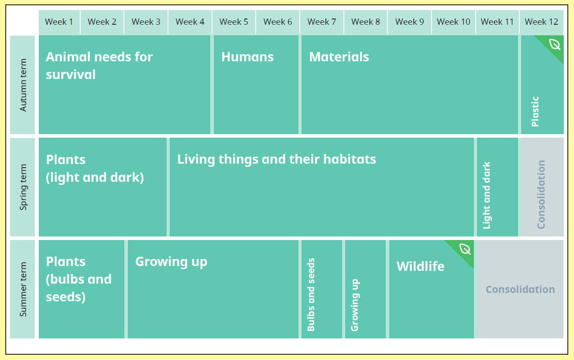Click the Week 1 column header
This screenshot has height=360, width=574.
(59, 22)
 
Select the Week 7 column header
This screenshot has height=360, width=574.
(321, 22)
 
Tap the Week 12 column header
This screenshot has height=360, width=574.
(541, 22)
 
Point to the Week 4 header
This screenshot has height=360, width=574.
(190, 22)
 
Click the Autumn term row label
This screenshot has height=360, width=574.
(23, 85)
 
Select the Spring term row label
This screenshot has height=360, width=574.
(23, 187)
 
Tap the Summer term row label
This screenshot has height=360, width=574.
(23, 289)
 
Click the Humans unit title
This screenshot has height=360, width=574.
(247, 56)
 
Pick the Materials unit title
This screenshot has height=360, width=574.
(339, 56)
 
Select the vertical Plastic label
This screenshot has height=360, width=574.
(535, 111)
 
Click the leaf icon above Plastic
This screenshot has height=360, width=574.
(555, 44)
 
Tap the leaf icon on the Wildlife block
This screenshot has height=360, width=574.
(465, 249)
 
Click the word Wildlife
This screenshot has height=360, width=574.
(421, 266)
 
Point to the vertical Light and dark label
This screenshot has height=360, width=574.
(486, 195)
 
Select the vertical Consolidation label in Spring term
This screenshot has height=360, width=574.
(541, 195)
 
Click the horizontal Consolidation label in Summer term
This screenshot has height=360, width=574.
(520, 289)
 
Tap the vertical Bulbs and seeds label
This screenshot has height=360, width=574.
(311, 295)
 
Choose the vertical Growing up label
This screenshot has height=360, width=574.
(355, 305)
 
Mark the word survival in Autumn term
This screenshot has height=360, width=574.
(71, 75)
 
